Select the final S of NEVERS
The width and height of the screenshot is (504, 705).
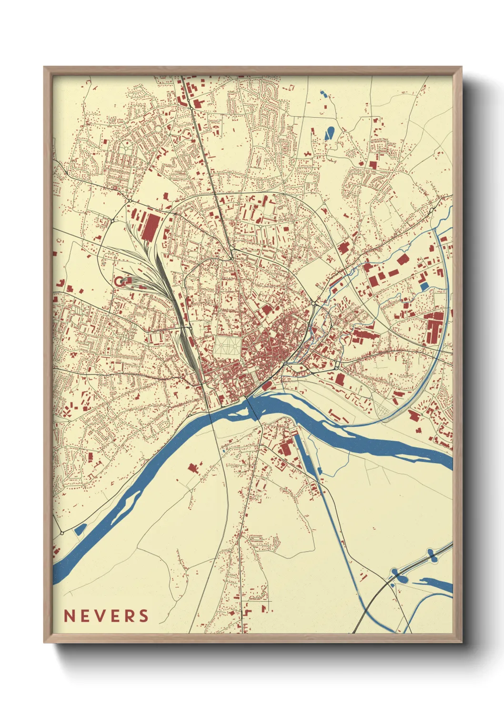coord(143,616)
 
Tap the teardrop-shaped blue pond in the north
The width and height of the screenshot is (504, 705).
coord(329,132)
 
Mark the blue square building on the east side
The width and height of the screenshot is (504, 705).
coord(423,286)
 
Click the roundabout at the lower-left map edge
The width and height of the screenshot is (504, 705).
coord(62,533)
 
